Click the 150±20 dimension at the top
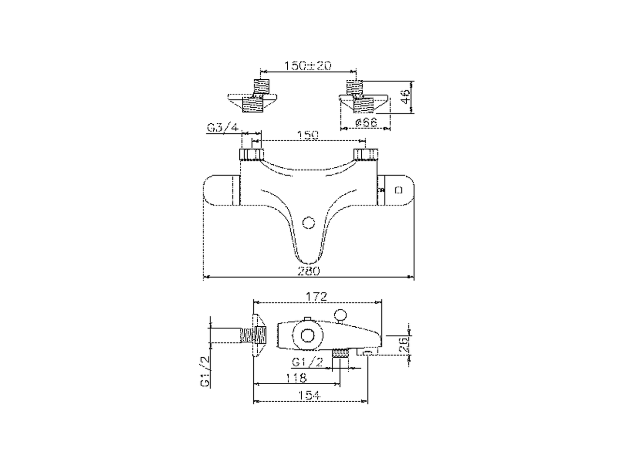coord(308,66)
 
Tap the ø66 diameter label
coord(366,122)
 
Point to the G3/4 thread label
coord(223,128)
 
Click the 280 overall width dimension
coord(309,271)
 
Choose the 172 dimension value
coord(317,296)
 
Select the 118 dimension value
coord(296,377)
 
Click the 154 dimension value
coord(310,395)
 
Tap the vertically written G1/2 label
coord(205,370)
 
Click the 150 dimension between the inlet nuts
coord(308,135)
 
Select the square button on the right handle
coord(398,190)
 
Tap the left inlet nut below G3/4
coord(252,155)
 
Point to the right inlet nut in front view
coord(366,155)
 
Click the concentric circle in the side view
coord(307,335)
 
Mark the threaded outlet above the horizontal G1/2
coord(341,354)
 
